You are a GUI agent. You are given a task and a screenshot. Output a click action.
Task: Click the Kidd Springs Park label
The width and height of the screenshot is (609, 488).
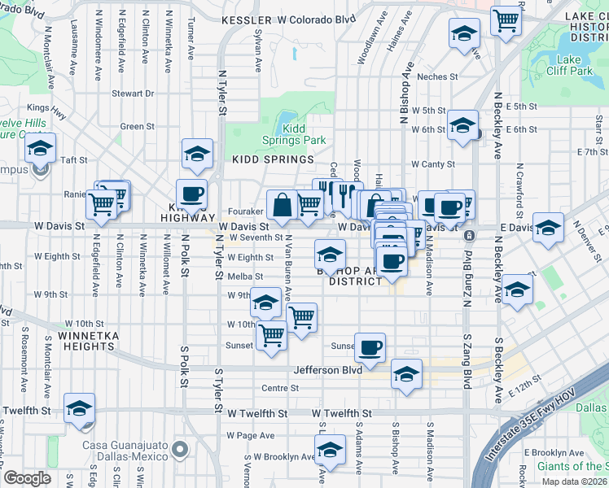pyautogui.click(x=304, y=134)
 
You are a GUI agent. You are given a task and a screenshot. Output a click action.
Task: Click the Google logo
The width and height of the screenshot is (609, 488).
pyautogui.click(x=27, y=478)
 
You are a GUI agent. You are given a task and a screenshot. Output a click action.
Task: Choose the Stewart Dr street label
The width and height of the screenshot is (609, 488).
pyautogui.click(x=133, y=94)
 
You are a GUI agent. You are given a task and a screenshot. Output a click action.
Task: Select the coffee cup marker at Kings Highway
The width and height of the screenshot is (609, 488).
pyautogui.click(x=192, y=194)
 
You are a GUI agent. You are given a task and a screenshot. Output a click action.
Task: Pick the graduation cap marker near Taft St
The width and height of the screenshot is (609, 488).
pyautogui.click(x=39, y=148)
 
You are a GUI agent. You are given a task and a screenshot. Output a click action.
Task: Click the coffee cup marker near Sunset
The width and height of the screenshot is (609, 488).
pyautogui.click(x=370, y=346)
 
